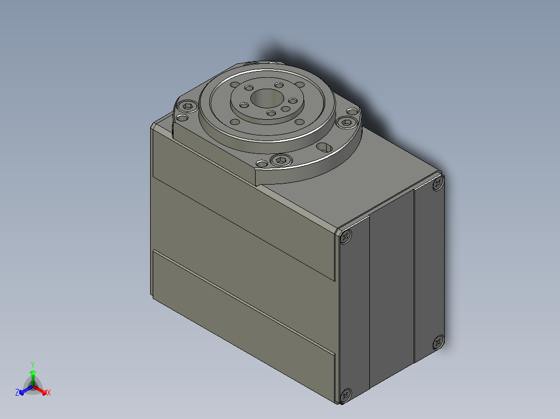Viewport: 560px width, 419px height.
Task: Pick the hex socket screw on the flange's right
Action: [x=346, y=122]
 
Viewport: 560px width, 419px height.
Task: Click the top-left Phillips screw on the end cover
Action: [x=346, y=237]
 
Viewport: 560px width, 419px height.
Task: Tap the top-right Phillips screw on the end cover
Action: [x=438, y=184]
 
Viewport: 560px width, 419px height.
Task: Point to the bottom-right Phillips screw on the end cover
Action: [x=438, y=342]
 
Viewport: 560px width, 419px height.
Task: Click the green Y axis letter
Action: [x=32, y=365]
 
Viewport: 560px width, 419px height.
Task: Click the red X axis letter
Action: [x=49, y=393]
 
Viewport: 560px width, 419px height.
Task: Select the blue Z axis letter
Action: [x=17, y=393]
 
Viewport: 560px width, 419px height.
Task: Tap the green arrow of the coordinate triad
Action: [x=33, y=374]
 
